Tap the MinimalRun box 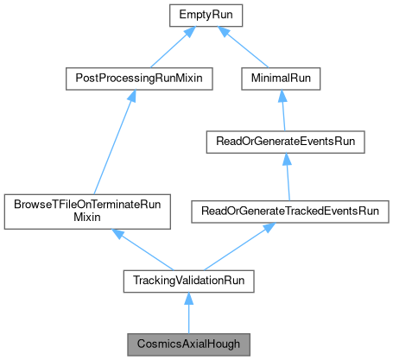(281, 78)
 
